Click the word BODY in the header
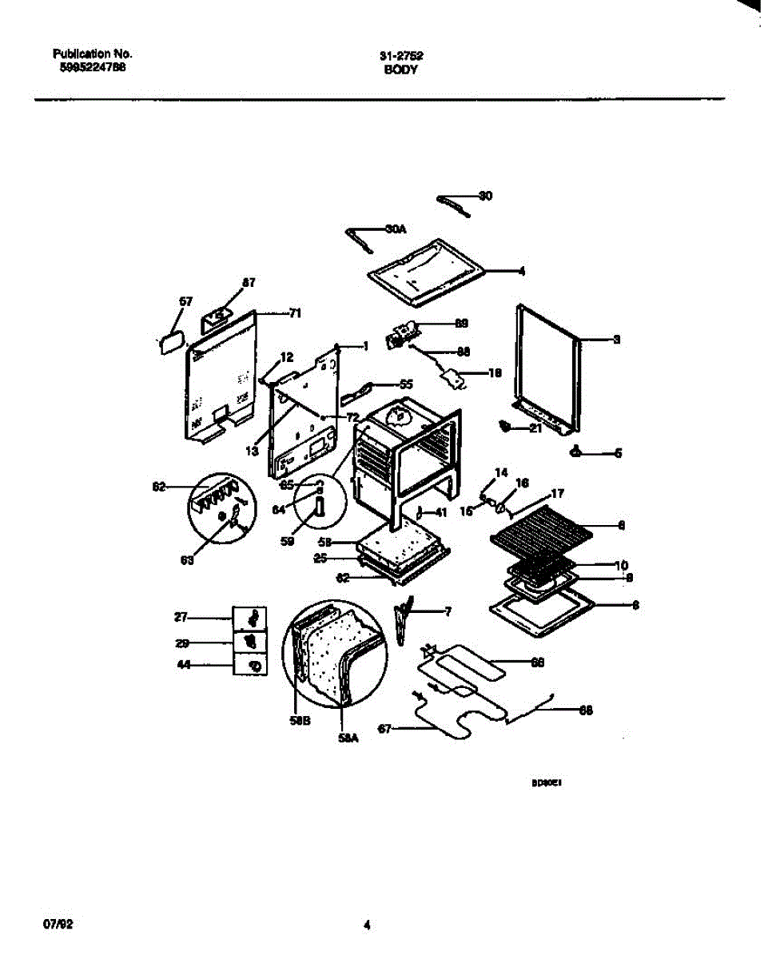pos(400,70)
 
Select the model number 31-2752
pos(401,56)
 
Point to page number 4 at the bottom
pos(367,926)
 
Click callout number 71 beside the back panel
pos(294,313)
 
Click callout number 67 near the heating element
pos(384,727)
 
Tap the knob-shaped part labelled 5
pos(575,453)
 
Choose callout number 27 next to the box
pos(181,617)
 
